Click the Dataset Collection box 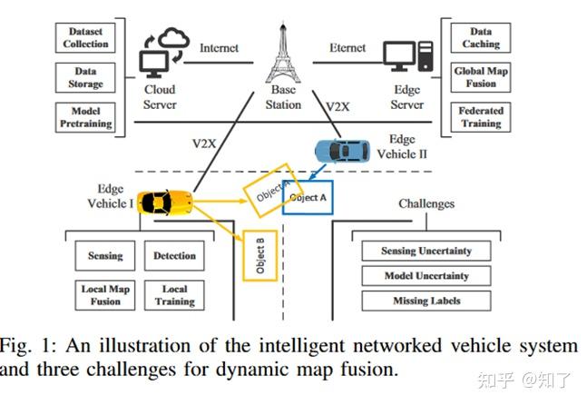pyautogui.click(x=84, y=37)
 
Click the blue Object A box pyautogui.click(x=308, y=197)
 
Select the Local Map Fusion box pyautogui.click(x=105, y=295)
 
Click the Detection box pyautogui.click(x=175, y=257)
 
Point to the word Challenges pyautogui.click(x=426, y=204)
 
